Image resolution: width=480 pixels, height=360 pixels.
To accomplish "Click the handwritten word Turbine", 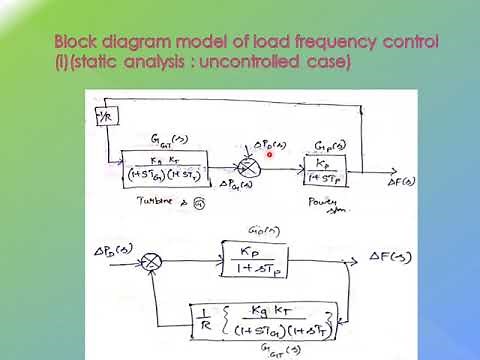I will (146, 200).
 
